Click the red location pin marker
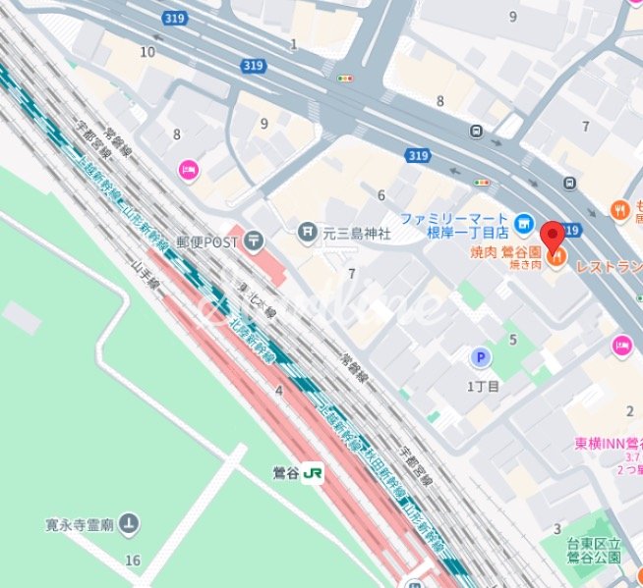point(553,236)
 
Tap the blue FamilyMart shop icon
point(525,223)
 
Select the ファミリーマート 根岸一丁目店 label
point(455,225)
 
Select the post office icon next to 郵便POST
point(255,239)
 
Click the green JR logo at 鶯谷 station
point(314,472)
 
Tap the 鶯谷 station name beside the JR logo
point(285,472)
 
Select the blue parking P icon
point(481,359)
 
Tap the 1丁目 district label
point(483,386)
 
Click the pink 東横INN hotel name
point(608,444)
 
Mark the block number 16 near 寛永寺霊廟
point(133,561)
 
